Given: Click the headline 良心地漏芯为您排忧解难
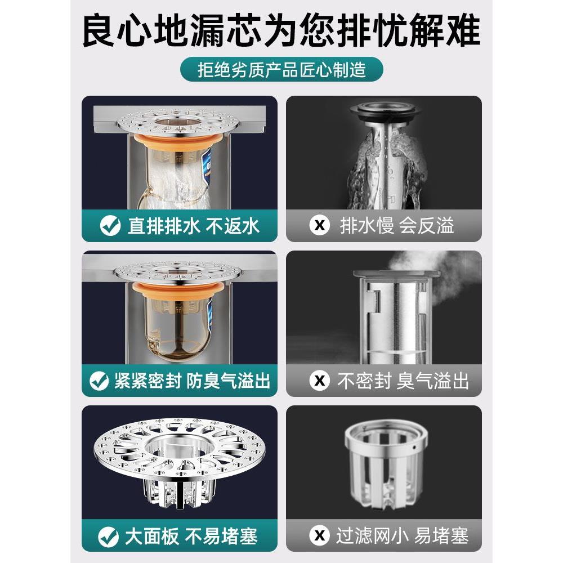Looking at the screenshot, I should pos(281,32).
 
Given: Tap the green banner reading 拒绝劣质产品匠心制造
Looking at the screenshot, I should pos(281,70).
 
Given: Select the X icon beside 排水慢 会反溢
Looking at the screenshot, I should pos(320,226).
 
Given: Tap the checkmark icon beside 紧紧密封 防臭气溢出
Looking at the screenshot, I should pos(99,381).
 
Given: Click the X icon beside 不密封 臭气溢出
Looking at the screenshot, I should pos(320,381).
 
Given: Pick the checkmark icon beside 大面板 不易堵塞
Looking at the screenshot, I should pos(108,536).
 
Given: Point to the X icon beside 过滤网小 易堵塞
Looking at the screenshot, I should pos(320,536).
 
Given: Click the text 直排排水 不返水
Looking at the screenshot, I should pos(193,226).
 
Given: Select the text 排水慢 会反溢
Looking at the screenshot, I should pos(396,226).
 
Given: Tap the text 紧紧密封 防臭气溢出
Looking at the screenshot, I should pos(191,381).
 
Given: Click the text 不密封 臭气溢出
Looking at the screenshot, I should pos(403,381).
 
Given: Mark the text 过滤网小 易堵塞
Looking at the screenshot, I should pos(402,536).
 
